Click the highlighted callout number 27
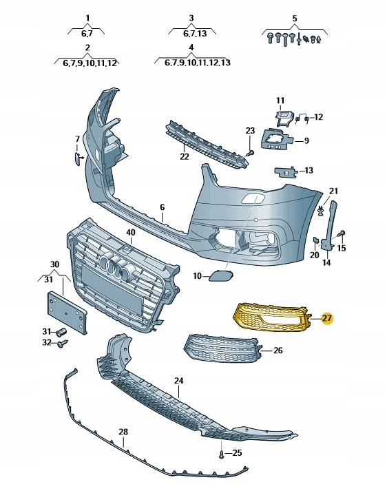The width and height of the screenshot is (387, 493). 327,318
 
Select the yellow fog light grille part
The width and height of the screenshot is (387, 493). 272,317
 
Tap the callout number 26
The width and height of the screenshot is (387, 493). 278,350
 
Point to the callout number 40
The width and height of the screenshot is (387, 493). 130,232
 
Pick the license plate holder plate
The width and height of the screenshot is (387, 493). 67,313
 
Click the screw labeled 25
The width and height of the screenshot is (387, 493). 222,454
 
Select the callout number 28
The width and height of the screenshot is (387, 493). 123,432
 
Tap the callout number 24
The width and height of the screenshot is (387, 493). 178,381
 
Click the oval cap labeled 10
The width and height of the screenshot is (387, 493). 220,275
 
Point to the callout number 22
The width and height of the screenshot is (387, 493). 185,156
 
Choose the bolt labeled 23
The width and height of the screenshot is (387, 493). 250,153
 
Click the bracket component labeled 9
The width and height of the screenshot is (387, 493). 275,138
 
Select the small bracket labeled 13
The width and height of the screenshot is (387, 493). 286,171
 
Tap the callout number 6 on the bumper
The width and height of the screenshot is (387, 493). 163,207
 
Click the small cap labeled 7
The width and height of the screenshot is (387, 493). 77,157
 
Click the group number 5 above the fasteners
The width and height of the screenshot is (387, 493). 294,18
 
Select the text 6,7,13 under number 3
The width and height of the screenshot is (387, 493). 195,33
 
